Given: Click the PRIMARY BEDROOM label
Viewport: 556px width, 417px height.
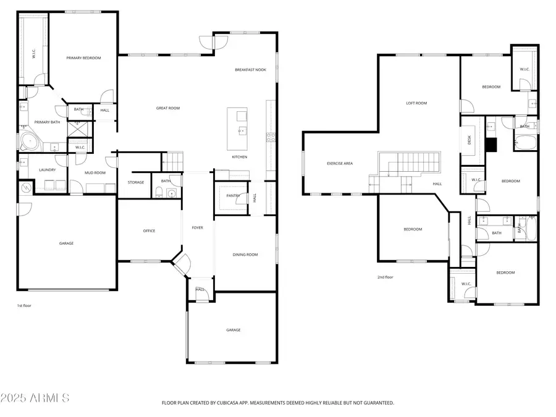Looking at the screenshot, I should click(83, 58).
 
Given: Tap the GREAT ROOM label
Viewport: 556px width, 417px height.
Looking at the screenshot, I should click(167, 108).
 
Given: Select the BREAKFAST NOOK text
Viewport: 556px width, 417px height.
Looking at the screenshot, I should click(250, 70).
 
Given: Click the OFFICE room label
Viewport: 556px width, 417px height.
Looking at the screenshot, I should click(149, 231).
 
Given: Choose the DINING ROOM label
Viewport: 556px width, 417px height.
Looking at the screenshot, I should click(245, 255).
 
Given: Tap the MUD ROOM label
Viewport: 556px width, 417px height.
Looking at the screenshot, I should click(95, 173).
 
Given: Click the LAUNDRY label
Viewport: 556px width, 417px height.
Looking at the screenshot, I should click(48, 170).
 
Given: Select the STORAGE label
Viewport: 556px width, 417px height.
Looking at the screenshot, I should click(136, 182).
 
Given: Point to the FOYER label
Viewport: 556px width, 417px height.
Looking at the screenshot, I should click(197, 228).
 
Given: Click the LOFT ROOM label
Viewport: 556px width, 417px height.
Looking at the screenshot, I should click(416, 103).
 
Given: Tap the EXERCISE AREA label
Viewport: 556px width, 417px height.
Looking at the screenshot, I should click(340, 164).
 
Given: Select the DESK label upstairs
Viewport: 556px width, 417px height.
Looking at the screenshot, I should click(470, 141).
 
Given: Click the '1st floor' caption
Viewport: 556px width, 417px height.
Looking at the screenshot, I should click(23, 306).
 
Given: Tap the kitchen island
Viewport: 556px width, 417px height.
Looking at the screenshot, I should click(237, 129).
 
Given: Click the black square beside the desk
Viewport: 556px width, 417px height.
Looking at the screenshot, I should click(491, 145).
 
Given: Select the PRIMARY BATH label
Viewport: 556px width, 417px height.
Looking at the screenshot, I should click(46, 122).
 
